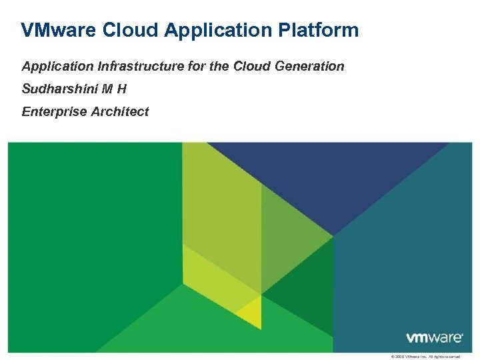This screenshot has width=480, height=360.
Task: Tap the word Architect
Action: tap(121, 111)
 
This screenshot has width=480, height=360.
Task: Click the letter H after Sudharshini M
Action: tap(122, 89)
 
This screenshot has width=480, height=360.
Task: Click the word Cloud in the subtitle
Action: tap(251, 66)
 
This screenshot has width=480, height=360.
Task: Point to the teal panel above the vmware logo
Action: tap(413, 253)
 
